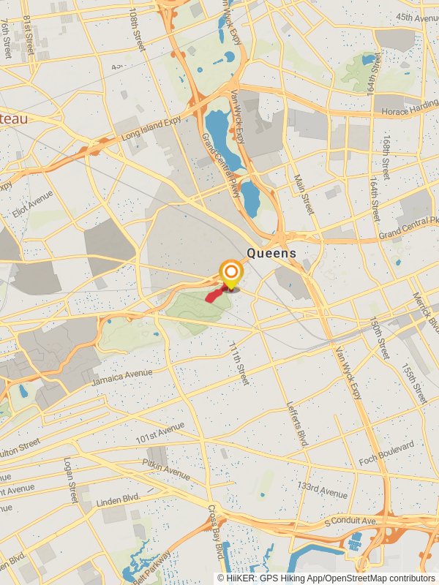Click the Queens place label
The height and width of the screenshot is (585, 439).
tap(271, 254)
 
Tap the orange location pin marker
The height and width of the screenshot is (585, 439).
tap(230, 275)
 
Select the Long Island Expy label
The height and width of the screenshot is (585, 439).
tap(151, 130)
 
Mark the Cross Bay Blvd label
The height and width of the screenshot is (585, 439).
tap(215, 532)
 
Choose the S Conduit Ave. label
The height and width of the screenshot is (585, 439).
tap(352, 522)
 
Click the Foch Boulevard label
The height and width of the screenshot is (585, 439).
tap(391, 453)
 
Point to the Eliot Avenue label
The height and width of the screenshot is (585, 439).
tap(32, 205)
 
